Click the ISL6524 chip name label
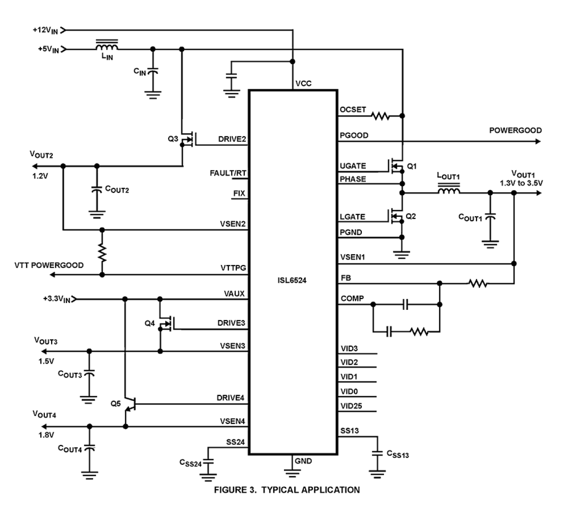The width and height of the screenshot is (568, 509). tap(292, 280)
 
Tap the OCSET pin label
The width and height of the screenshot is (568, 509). tap(353, 110)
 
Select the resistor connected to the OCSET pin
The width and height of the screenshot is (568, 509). tap(380, 117)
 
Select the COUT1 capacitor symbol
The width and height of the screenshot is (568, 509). tap(490, 217)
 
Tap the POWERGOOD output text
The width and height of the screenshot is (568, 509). tap(515, 131)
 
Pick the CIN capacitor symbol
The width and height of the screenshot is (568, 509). tap(153, 72)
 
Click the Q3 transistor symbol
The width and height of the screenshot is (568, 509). tap(187, 139)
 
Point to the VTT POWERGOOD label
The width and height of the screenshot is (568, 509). tap(49, 265)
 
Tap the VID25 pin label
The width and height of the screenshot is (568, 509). tap(351, 406)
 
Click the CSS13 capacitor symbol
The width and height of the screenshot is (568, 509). tap(376, 453)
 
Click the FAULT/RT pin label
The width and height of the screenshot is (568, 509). tap(228, 173)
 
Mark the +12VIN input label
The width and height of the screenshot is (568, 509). tap(46, 30)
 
